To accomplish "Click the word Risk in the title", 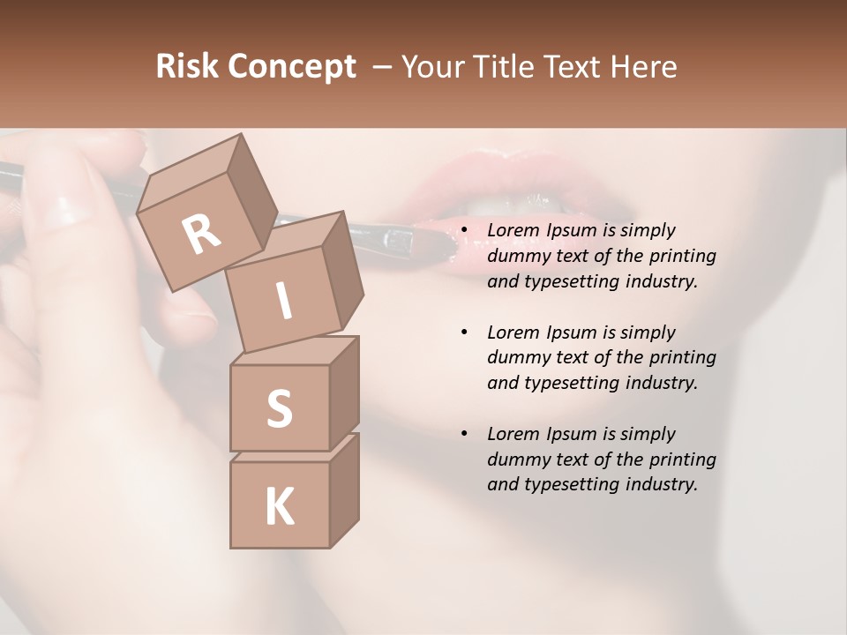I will coord(187,66).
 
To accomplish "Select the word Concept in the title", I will coord(292,68).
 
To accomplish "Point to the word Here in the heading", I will coord(642,66).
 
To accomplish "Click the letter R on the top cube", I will coord(201,235).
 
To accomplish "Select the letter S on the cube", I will coord(279,408).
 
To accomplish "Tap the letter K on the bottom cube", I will coord(279,507).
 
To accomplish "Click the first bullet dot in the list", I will coord(464,231).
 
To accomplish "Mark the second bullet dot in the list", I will coord(464,332).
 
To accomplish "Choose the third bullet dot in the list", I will coord(464,434).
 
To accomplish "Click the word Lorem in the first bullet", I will coord(512,230).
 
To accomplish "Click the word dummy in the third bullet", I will coord(514,459).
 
